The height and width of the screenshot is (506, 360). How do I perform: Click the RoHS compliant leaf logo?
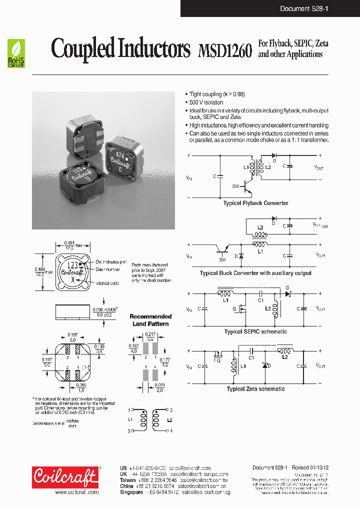[x=16, y=53]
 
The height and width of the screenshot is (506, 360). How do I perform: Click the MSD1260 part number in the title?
[x=224, y=51]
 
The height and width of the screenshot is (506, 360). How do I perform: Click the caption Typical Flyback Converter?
[x=255, y=203]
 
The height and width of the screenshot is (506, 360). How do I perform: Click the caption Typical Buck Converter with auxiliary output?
[x=255, y=273]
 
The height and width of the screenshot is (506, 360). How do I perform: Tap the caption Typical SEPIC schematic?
[x=255, y=331]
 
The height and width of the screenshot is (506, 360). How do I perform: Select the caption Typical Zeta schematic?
[x=255, y=388]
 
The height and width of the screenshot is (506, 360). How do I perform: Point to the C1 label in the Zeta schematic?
[x=251, y=358]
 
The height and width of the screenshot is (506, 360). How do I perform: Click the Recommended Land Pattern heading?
[x=150, y=320]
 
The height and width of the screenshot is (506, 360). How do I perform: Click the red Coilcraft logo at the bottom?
[x=65, y=477]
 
